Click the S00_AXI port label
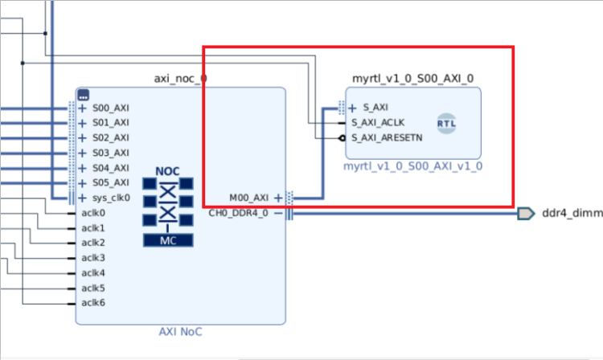(110, 108)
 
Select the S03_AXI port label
(110, 153)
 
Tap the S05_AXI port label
(110, 182)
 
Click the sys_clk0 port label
(110, 198)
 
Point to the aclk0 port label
(93, 213)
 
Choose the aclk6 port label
(93, 303)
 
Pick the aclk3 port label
(93, 258)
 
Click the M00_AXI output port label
(249, 198)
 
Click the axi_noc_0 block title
(180, 79)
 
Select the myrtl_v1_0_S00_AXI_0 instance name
(413, 79)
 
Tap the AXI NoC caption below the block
(180, 332)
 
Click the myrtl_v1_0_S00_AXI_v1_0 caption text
(413, 167)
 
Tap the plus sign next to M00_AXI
(278, 198)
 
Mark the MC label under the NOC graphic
(167, 239)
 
